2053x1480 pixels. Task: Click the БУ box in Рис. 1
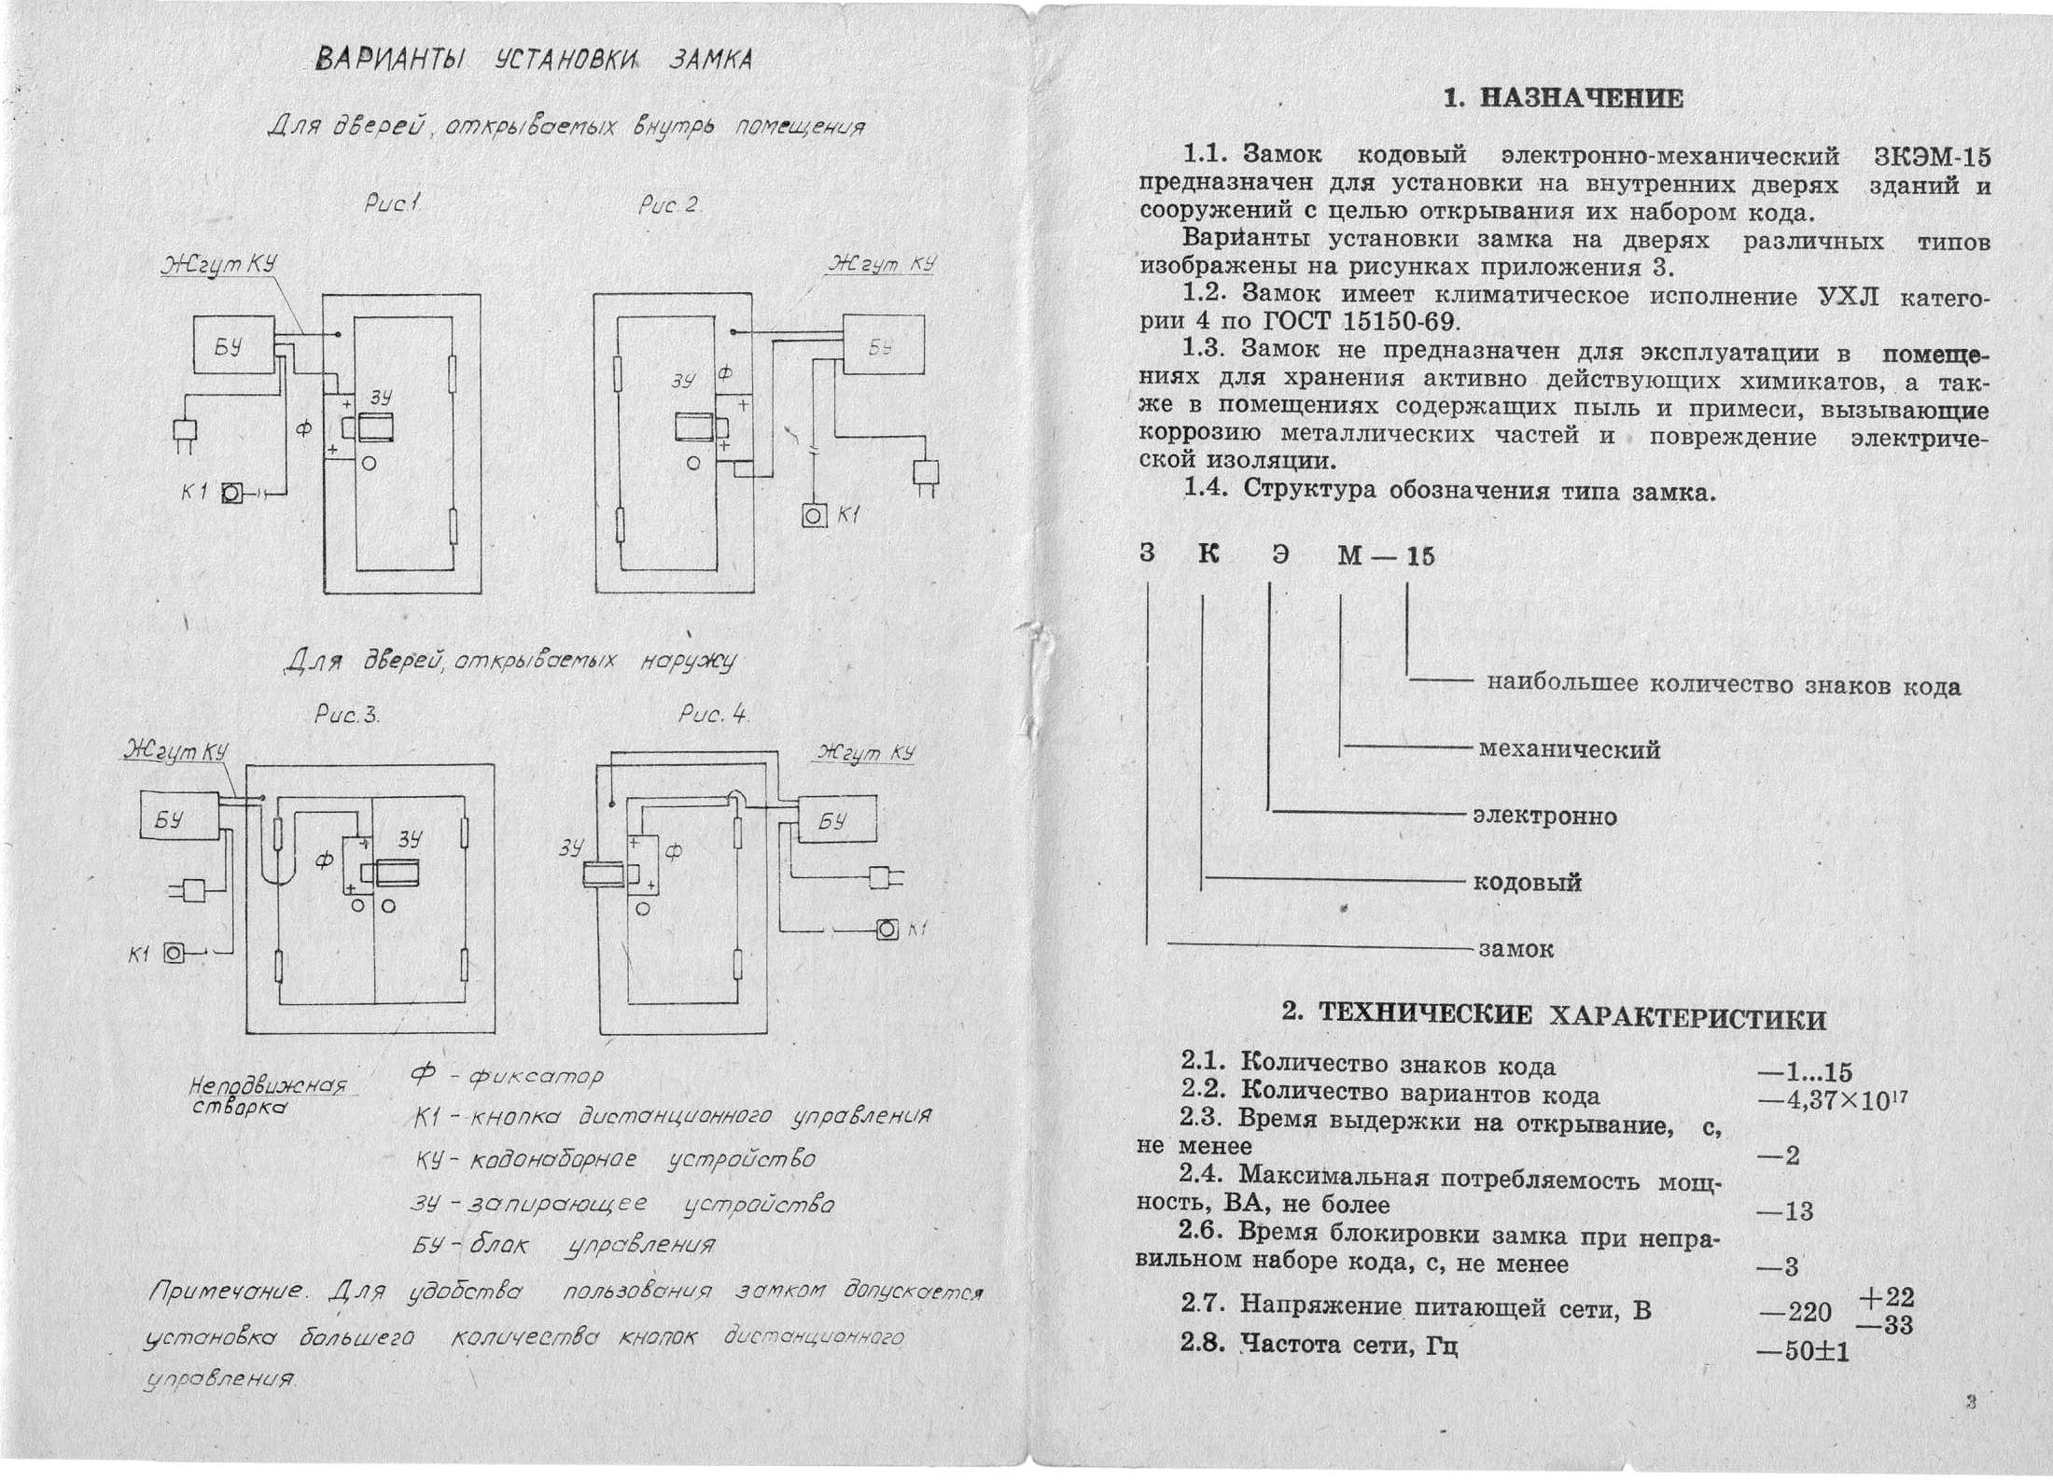(233, 344)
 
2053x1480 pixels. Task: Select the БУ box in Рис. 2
(884, 344)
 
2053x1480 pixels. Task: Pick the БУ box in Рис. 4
(836, 819)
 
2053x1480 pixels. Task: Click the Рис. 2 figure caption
(668, 205)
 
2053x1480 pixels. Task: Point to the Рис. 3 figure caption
(346, 716)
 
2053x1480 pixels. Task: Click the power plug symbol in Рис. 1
(185, 432)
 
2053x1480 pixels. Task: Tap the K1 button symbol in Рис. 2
(814, 515)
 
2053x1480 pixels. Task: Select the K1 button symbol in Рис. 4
(887, 929)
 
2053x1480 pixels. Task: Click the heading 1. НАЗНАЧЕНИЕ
(1563, 99)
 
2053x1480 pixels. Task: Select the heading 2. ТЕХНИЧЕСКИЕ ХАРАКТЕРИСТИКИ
(1554, 1017)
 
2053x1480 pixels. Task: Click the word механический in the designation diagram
(1570, 749)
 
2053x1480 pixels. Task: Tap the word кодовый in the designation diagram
(1527, 883)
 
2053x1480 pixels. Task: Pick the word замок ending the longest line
(1515, 949)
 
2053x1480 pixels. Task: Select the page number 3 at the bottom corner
(1970, 1401)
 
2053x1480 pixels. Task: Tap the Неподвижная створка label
(266, 1096)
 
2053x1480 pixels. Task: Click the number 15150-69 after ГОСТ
(1399, 322)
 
